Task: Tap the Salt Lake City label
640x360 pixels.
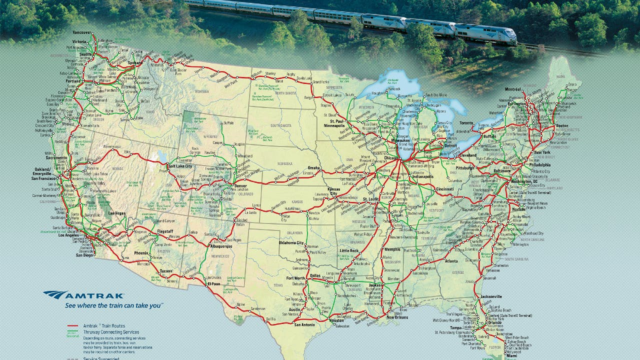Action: point(180,165)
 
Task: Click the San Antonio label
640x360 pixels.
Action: point(304,324)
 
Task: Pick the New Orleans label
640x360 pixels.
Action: point(397,317)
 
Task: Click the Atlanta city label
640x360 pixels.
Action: point(451,261)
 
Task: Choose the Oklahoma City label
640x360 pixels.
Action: point(291,243)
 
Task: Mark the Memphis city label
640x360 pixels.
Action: point(392,249)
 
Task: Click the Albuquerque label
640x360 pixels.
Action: point(220,246)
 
